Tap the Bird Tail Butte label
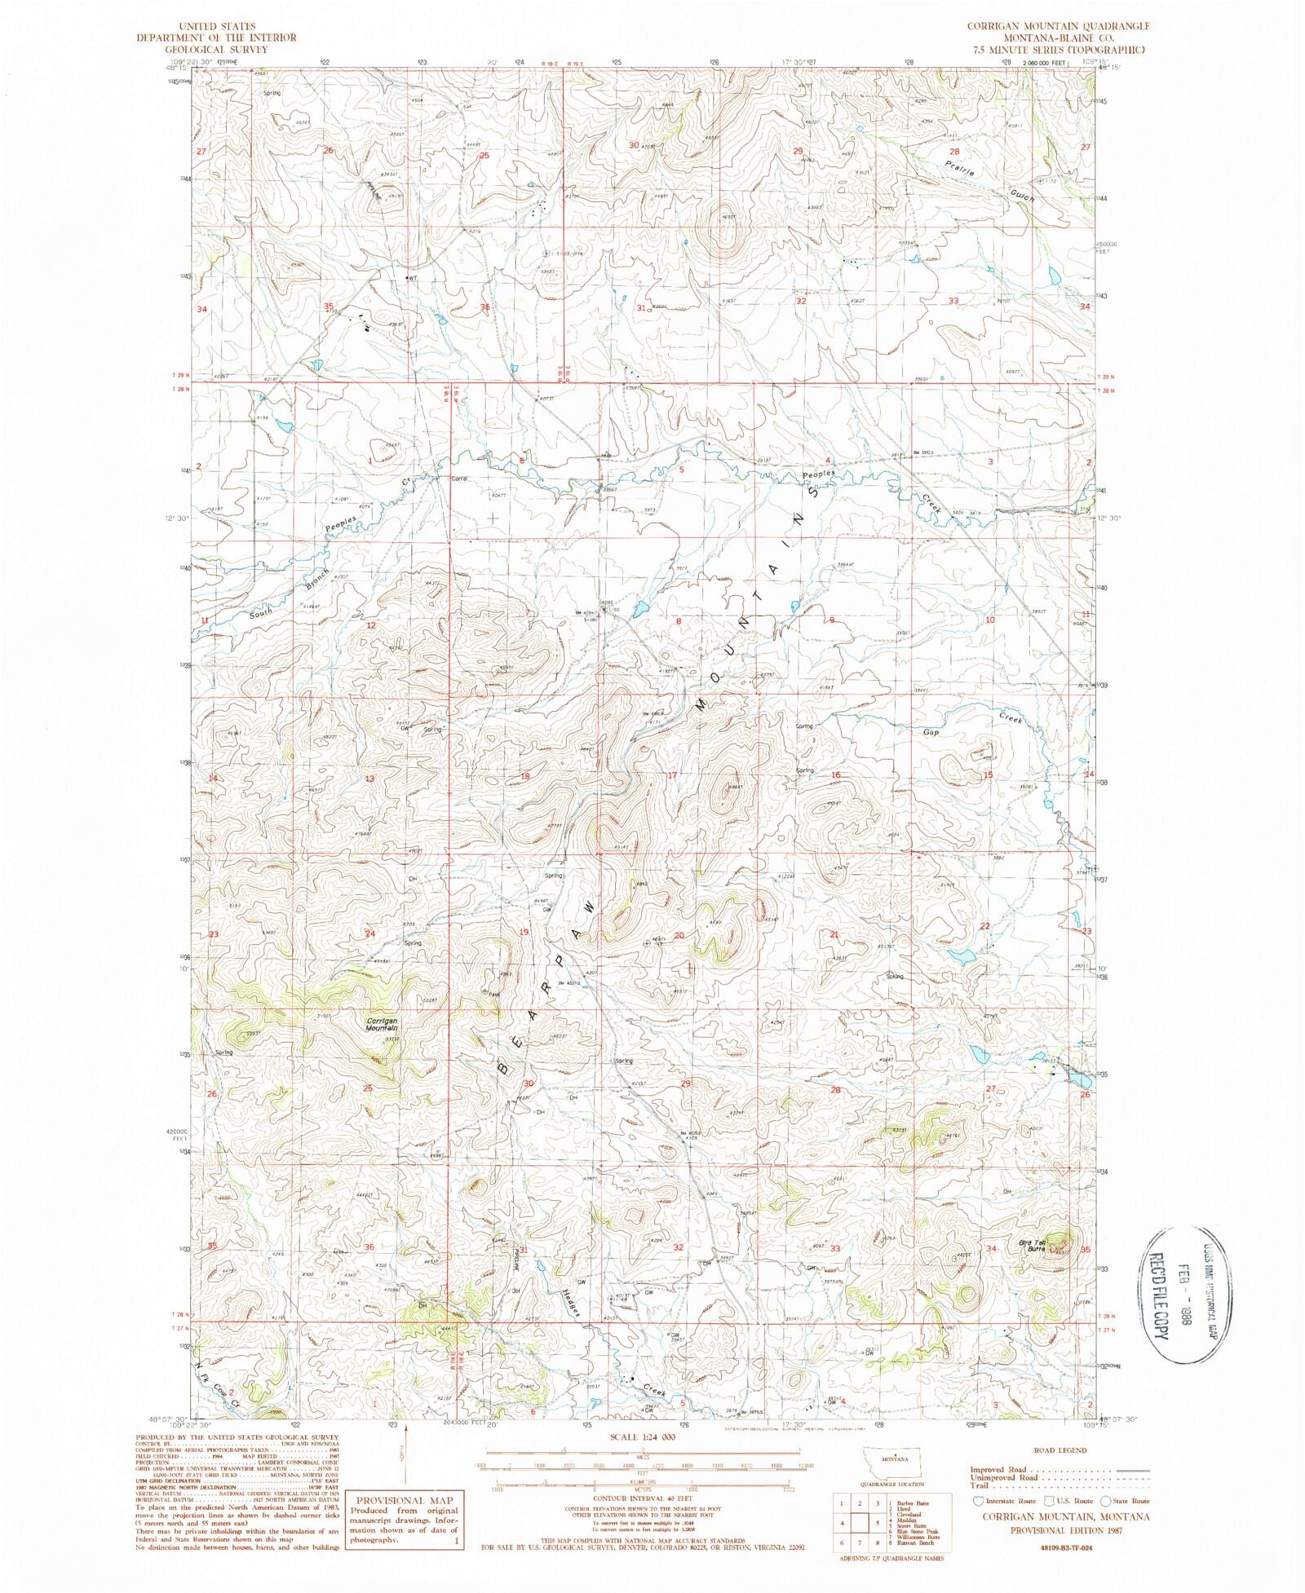[1031, 1246]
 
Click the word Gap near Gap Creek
[931, 732]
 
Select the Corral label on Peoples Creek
[459, 479]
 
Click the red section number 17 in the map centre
[672, 775]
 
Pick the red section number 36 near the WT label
[484, 307]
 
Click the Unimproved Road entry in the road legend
[1005, 1477]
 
